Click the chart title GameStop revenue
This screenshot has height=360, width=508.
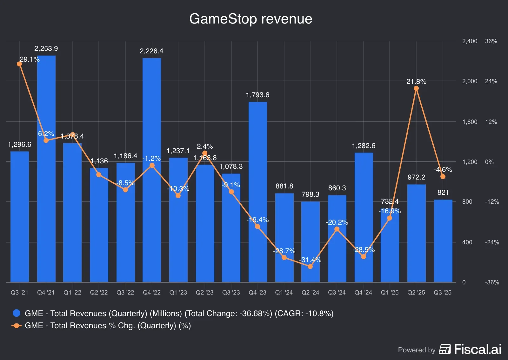coord(251,19)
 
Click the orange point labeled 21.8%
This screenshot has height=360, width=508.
coord(416,88)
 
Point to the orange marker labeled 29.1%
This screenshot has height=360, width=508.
coord(19,64)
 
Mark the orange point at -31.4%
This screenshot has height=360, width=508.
coord(310,266)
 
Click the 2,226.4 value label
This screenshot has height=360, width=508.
coord(151,51)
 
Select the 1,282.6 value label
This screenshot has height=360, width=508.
coord(364,146)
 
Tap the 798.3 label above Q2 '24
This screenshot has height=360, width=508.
coord(310,194)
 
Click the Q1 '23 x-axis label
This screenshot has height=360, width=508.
coord(178,292)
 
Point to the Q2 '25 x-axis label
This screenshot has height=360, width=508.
coord(416,292)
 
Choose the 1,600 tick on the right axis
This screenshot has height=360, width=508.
coord(470,122)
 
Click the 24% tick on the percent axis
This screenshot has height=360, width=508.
coord(491,81)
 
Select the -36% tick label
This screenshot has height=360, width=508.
coord(491,282)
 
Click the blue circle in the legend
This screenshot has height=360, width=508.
coord(17,313)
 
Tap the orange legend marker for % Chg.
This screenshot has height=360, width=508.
coord(17,326)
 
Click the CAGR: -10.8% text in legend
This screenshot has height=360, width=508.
coord(304,314)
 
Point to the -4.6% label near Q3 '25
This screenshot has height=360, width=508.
coord(443,170)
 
